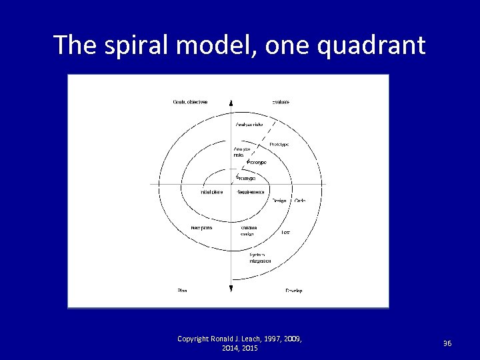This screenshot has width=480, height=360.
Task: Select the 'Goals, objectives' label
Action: [x=191, y=102]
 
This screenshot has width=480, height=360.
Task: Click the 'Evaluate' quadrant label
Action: [x=280, y=102]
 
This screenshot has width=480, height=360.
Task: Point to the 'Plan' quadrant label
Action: [x=182, y=291]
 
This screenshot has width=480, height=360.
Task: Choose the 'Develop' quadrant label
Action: [x=294, y=291]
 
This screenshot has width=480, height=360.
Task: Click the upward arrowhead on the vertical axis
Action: [x=231, y=103]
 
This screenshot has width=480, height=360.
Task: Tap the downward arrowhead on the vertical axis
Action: [x=231, y=288]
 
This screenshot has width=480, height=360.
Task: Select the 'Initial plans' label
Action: [x=212, y=192]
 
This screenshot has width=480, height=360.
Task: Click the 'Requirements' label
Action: [x=251, y=192]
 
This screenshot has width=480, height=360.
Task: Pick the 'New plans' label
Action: [x=201, y=228]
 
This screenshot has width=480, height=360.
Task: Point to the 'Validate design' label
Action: [x=249, y=231]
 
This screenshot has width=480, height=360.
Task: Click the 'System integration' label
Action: [x=259, y=258]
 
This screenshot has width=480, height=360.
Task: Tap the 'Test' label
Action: [x=285, y=232]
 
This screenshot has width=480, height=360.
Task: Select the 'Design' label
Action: [x=279, y=201]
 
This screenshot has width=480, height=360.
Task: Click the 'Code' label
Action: [x=299, y=201]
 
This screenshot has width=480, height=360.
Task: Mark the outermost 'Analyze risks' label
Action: [x=250, y=124]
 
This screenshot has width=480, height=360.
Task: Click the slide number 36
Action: [x=447, y=343]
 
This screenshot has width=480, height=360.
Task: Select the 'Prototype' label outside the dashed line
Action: [x=279, y=145]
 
